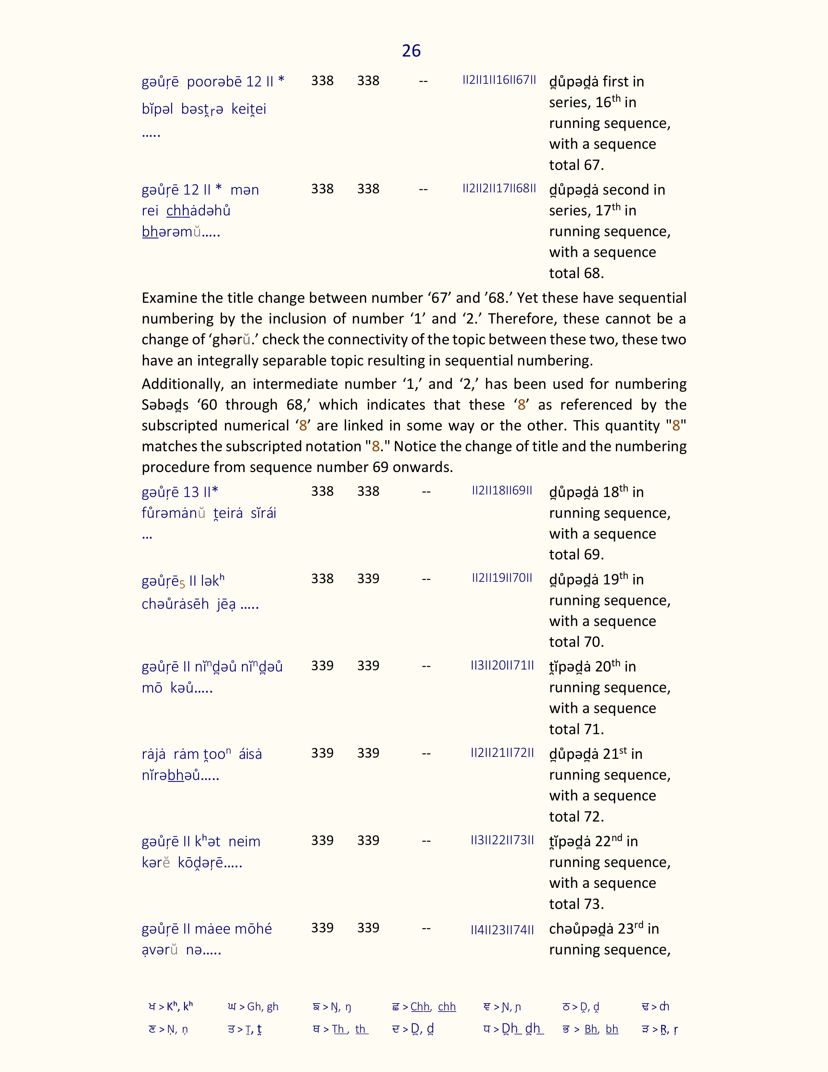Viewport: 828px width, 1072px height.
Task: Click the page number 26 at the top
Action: pyautogui.click(x=411, y=51)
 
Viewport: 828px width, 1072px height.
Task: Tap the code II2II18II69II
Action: pyautogui.click(x=502, y=490)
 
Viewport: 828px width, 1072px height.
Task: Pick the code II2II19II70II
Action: pyautogui.click(x=502, y=578)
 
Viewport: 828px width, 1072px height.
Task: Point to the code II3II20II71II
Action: pyautogui.click(x=502, y=665)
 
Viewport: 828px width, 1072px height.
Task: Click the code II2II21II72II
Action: pyautogui.click(x=502, y=752)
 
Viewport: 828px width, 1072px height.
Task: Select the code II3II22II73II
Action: pyautogui.click(x=502, y=840)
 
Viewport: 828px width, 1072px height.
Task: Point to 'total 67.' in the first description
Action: pyautogui.click(x=576, y=165)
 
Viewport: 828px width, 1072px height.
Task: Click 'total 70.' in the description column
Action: pyautogui.click(x=576, y=642)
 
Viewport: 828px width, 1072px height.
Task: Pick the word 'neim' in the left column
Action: pyautogui.click(x=244, y=841)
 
